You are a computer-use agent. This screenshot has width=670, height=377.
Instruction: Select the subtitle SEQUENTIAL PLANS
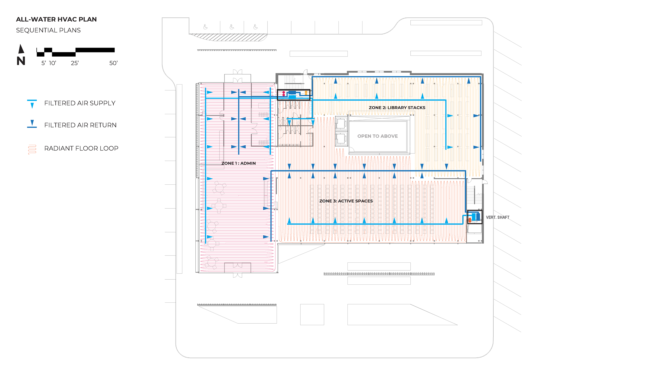point(48,30)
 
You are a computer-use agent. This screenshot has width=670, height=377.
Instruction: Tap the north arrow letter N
point(21,61)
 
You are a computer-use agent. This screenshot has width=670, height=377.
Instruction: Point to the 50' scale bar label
point(113,63)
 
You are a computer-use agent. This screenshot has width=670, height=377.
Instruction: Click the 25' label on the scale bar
point(75,63)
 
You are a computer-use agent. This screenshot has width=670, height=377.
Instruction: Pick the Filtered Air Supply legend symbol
point(32,104)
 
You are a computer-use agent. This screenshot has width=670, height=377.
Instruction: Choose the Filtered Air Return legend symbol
point(32,124)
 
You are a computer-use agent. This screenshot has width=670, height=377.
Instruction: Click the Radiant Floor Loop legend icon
point(32,149)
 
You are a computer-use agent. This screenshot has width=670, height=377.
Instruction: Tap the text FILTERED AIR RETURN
point(80,125)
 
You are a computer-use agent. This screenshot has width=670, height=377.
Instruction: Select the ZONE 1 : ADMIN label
point(239,163)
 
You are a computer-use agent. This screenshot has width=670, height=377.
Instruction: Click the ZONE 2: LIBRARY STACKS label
point(397,108)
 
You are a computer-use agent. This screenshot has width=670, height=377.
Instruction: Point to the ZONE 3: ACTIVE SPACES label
point(346,201)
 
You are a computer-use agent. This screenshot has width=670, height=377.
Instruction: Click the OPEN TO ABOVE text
point(377,136)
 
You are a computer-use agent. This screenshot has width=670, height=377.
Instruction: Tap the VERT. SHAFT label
point(498,217)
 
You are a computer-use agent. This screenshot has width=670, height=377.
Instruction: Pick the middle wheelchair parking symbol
point(232,27)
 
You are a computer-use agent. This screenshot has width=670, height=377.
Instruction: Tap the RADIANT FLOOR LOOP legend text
point(81,148)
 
